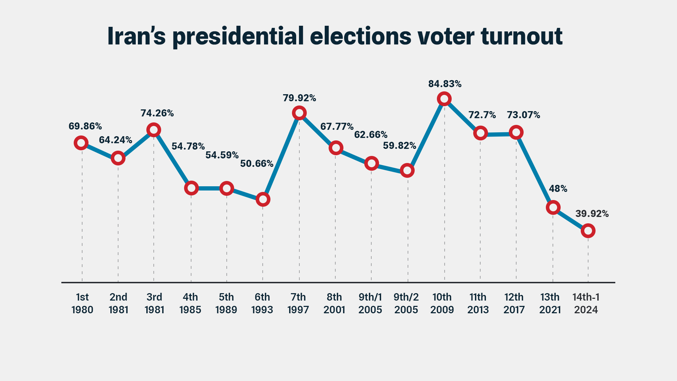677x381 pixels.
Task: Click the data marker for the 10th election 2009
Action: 444,99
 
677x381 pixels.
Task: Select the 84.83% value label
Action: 445,84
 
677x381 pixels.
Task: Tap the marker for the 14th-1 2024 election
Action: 588,231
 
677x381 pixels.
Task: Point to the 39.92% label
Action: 592,214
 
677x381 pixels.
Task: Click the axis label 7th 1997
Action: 298,303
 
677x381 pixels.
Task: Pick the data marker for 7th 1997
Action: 299,113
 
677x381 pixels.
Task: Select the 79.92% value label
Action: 299,98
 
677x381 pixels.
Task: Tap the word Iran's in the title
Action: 136,36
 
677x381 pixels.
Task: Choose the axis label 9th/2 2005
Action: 406,303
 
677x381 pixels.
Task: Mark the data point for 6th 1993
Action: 263,199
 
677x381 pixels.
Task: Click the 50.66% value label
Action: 257,164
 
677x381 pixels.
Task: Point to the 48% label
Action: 558,189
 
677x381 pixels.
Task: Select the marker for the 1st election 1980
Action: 81,143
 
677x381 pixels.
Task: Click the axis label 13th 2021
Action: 550,303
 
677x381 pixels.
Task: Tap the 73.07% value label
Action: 523,115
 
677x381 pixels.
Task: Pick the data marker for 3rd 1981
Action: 154,130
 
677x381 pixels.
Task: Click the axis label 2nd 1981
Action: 118,303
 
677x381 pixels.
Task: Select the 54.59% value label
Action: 222,155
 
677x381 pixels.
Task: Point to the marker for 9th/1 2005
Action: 371,163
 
